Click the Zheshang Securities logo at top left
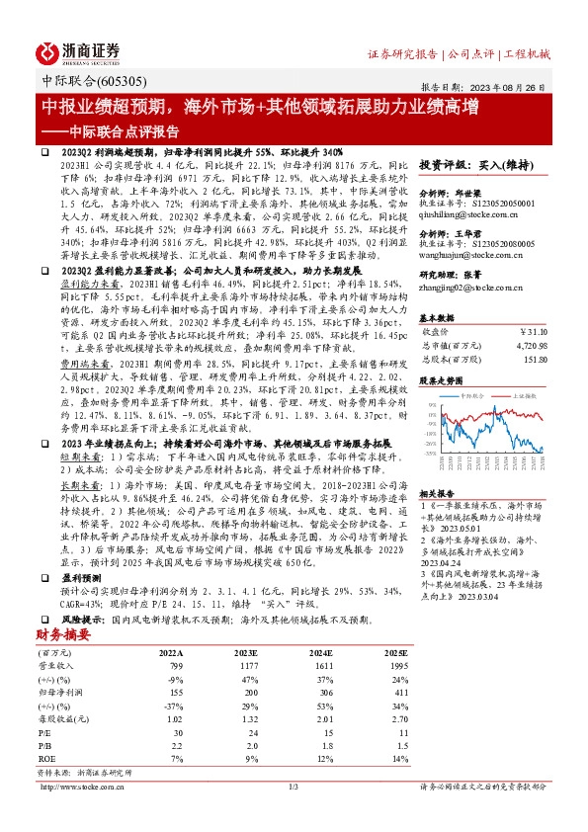click(79, 51)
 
